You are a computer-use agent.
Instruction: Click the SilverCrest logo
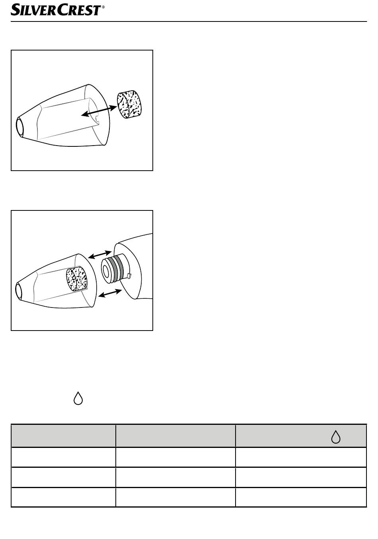58,10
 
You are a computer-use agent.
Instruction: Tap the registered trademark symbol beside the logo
103,7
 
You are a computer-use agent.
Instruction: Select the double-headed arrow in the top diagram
99,111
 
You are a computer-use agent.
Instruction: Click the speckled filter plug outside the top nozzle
129,105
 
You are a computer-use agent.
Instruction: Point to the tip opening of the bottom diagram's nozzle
19,291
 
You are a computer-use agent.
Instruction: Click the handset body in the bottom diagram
133,267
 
